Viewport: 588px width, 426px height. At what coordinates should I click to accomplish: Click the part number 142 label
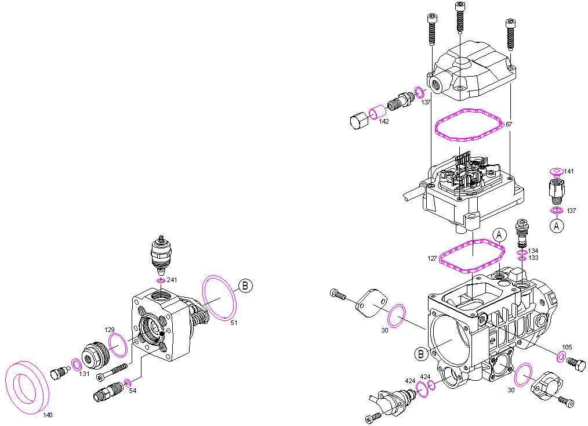[x=384, y=121]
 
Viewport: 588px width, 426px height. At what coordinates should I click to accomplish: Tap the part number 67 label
[x=509, y=124]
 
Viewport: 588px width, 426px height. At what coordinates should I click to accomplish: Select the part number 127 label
[x=432, y=258]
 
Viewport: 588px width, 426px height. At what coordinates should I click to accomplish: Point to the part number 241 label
[x=172, y=280]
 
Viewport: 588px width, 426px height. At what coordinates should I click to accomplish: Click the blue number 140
[x=48, y=415]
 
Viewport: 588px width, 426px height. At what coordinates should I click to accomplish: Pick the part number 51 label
[x=234, y=323]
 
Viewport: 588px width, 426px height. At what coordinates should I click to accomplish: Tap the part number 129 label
[x=110, y=330]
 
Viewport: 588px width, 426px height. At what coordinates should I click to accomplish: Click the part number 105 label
[x=567, y=347]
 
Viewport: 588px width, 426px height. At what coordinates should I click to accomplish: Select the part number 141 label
[x=568, y=172]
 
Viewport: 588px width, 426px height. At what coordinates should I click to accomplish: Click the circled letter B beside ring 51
[x=245, y=286]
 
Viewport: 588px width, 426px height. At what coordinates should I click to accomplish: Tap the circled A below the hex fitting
[x=557, y=226]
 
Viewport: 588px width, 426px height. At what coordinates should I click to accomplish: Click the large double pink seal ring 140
[x=27, y=387]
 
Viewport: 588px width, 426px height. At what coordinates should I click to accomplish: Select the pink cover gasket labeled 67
[x=469, y=125]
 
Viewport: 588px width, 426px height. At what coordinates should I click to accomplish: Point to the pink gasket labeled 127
[x=472, y=257]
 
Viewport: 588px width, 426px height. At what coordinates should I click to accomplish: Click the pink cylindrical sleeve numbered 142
[x=378, y=112]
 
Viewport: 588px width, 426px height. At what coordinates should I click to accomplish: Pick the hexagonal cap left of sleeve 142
[x=358, y=121]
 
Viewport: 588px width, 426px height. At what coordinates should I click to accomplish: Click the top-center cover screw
[x=460, y=17]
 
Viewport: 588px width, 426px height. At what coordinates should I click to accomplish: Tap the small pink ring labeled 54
[x=128, y=383]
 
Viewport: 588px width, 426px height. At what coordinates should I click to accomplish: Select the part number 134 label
[x=533, y=251]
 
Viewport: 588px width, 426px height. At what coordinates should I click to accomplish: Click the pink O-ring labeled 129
[x=118, y=345]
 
